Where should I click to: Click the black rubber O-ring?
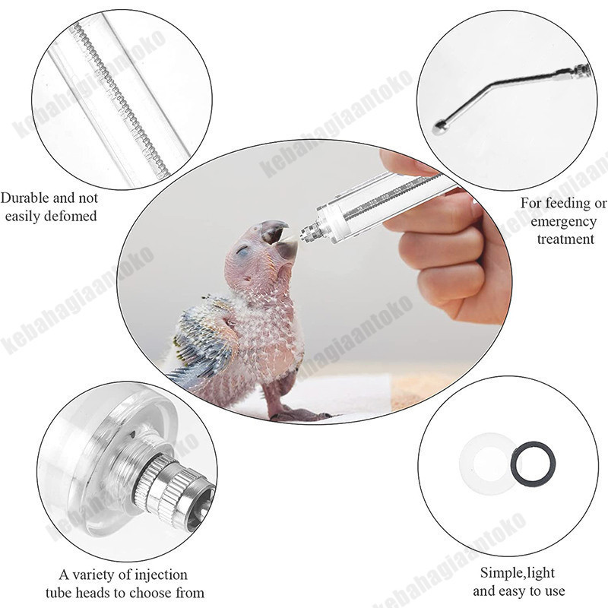click(x=533, y=464)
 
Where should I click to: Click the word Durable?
click(x=24, y=198)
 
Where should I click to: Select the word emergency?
click(x=563, y=222)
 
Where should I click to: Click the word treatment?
click(x=565, y=239)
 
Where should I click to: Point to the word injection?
click(x=159, y=575)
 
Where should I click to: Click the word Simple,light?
click(x=518, y=573)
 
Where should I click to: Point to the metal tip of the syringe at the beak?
click(x=309, y=231)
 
